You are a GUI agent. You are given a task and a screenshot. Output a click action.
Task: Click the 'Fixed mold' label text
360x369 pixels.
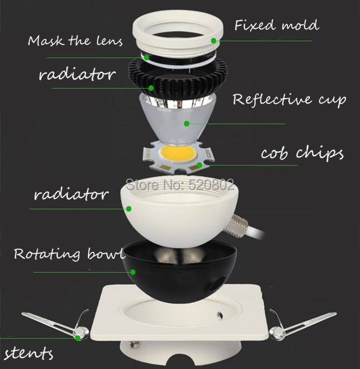coord(277,25)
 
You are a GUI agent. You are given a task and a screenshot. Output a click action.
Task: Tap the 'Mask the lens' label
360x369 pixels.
coord(75,40)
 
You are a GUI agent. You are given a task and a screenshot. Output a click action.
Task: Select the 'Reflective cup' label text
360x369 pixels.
coord(290,100)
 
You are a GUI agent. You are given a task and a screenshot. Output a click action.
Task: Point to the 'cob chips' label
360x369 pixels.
coord(302,153)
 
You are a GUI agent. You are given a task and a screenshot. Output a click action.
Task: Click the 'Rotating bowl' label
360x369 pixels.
coord(69,254)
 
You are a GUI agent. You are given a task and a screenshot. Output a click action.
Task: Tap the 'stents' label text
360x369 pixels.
coord(28,353)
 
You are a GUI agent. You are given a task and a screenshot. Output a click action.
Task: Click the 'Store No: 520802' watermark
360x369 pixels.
coord(180,184)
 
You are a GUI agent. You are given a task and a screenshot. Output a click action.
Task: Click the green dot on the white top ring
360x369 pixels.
coord(214,40)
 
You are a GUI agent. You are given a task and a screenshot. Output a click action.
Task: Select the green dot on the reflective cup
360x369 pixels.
coord(187,124)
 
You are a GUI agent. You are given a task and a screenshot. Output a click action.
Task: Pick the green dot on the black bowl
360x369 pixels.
coord(133,272)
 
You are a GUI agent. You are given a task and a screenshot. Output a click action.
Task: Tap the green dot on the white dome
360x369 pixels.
coord(128,208)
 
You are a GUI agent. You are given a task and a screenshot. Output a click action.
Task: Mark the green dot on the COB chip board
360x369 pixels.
coord(199,165)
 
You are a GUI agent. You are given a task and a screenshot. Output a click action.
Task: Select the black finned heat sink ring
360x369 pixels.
coord(178,75)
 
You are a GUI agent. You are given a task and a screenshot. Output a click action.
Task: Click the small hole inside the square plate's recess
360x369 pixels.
coord(220,314)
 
